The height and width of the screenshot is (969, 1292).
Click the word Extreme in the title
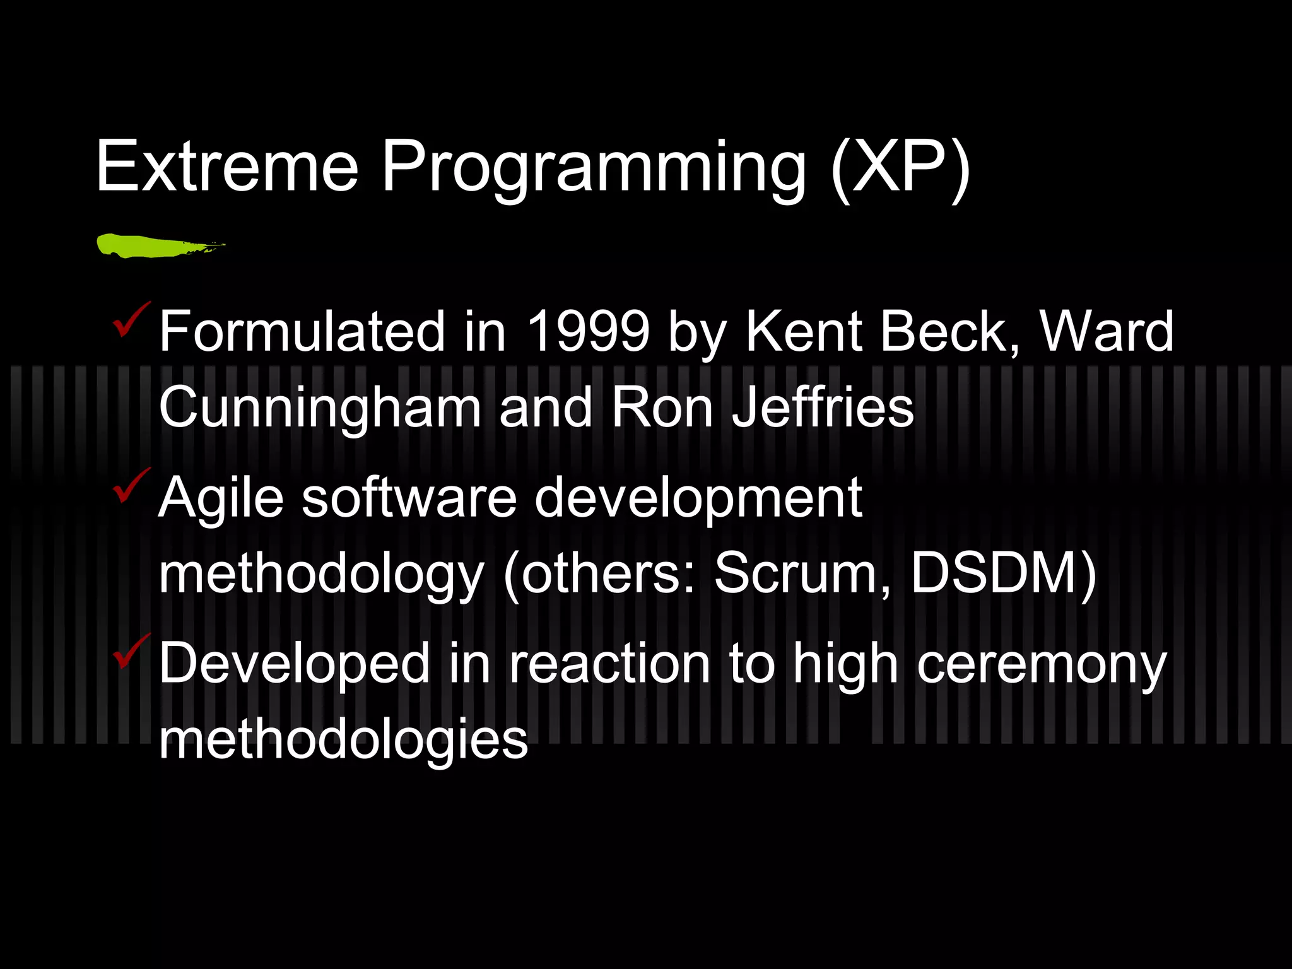click(227, 167)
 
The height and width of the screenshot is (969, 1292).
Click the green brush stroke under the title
click(158, 245)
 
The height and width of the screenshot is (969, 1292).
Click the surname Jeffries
click(822, 408)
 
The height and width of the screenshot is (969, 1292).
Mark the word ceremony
click(1042, 666)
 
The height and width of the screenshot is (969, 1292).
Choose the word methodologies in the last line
click(343, 741)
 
